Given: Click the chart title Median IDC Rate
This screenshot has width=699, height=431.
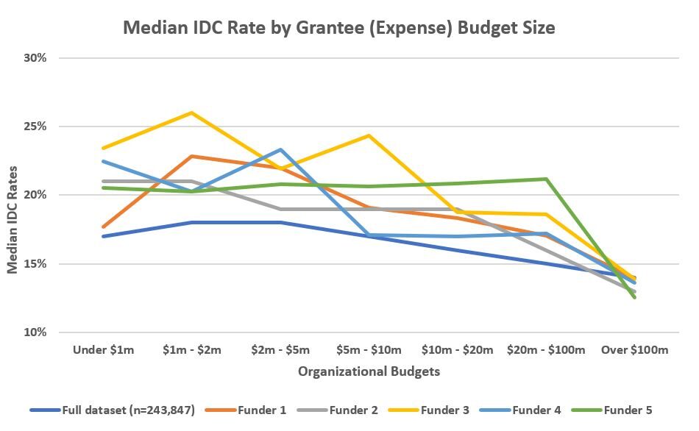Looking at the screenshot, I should click(338, 28).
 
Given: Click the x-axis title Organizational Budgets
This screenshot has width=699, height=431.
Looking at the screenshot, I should click(369, 371).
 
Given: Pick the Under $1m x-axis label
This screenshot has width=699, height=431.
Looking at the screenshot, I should click(104, 350).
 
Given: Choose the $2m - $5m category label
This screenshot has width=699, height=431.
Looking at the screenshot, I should click(280, 350).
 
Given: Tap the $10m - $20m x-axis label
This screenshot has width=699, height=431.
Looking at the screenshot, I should click(457, 350).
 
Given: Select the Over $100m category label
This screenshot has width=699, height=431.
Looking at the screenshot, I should click(634, 350).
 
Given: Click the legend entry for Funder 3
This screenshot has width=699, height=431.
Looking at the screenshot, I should click(444, 410).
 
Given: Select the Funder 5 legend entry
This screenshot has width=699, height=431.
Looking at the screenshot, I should click(627, 410).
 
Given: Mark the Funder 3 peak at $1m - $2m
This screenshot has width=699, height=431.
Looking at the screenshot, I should click(191, 113).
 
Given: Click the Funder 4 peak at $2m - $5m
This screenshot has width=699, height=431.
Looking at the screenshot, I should click(280, 149).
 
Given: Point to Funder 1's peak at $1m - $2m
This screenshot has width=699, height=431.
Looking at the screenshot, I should click(191, 156).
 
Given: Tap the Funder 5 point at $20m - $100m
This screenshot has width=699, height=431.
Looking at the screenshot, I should click(545, 179).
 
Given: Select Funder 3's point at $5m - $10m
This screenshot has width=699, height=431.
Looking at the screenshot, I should click(369, 135).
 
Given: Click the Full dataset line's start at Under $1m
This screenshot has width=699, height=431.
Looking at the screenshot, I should click(104, 236).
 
